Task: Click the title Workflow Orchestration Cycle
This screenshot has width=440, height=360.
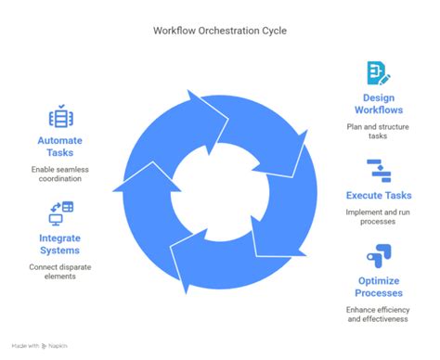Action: click(x=220, y=30)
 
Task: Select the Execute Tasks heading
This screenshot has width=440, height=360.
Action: click(x=378, y=196)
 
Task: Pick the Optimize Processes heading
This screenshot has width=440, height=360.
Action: click(x=378, y=287)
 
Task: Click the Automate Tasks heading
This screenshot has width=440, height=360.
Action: click(x=60, y=146)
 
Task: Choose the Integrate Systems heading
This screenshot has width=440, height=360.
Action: click(x=60, y=245)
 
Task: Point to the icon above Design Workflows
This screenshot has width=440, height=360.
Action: click(x=378, y=72)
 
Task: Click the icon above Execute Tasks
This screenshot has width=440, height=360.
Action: click(x=378, y=171)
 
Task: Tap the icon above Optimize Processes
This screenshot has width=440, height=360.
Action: click(x=378, y=254)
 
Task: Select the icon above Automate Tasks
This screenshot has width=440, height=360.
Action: click(x=60, y=117)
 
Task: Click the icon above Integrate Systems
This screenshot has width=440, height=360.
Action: click(x=60, y=214)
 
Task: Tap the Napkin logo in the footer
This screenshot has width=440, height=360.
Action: click(x=48, y=346)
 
